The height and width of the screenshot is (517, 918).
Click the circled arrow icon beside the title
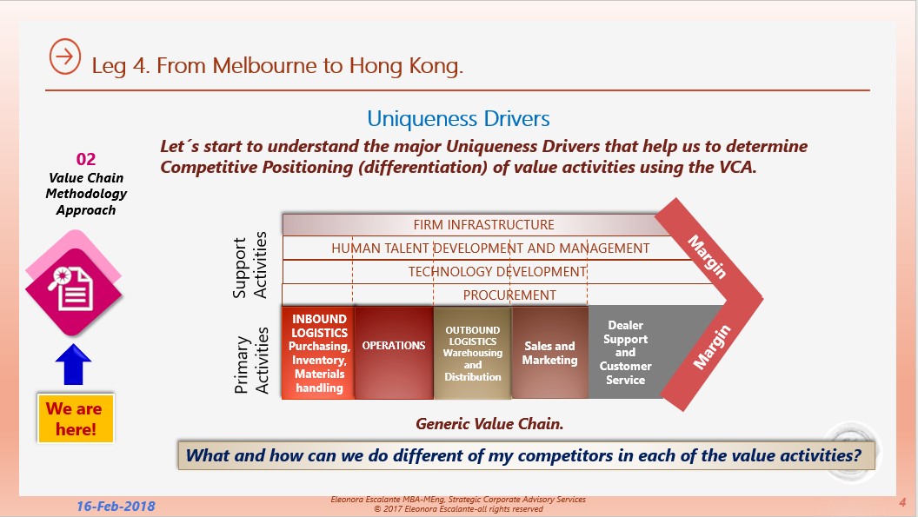click(x=65, y=56)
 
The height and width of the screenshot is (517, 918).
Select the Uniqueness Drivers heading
click(x=458, y=119)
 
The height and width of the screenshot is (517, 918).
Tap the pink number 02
click(x=86, y=159)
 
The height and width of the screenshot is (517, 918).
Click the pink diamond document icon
click(x=73, y=285)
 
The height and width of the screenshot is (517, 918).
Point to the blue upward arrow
click(x=73, y=364)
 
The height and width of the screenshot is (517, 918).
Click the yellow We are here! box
click(x=76, y=419)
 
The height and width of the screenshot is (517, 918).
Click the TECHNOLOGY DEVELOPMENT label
click(x=497, y=272)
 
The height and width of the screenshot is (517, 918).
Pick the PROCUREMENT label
click(x=509, y=295)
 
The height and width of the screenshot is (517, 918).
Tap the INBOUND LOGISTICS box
click(x=318, y=353)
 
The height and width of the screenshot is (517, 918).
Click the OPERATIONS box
click(x=394, y=353)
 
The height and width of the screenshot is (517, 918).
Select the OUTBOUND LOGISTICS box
click(x=472, y=353)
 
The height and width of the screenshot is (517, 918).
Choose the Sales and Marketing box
click(x=549, y=353)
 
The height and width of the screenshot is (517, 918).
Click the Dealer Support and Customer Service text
click(x=625, y=353)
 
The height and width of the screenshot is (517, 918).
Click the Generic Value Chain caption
click(x=489, y=424)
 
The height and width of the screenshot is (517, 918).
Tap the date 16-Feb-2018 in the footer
click(x=116, y=507)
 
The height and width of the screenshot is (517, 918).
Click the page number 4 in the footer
click(x=902, y=502)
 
